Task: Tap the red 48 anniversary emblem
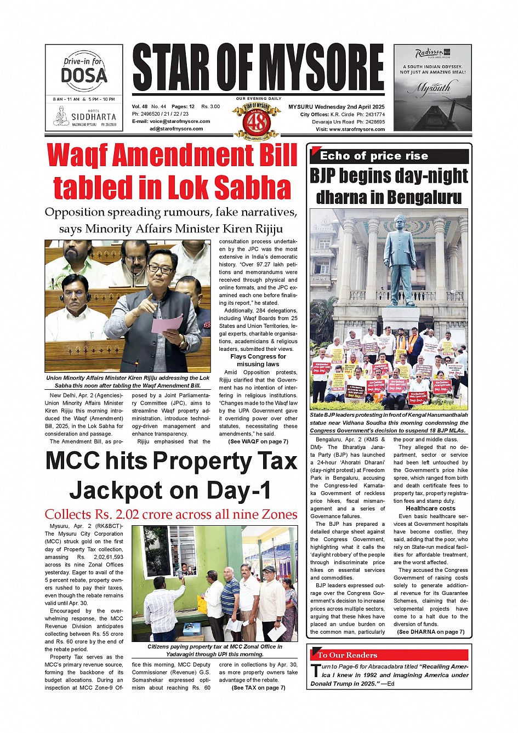257,120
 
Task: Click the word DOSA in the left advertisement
84,75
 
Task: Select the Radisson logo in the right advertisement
429,54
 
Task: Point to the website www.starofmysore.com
357,129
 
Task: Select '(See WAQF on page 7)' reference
258,441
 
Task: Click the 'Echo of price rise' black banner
389,156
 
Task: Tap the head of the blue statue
399,223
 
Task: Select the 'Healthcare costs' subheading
430,508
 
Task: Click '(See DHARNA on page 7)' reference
430,632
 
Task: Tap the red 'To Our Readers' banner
389,655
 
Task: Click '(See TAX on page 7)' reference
258,687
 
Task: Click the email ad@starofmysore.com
176,129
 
